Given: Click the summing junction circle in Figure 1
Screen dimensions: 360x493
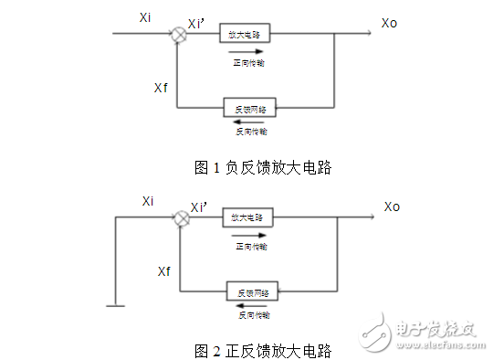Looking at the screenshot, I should (x=179, y=35).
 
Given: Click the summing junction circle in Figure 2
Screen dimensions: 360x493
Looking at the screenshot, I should (x=182, y=218).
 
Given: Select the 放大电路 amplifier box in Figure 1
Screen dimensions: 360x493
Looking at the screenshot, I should (x=245, y=35).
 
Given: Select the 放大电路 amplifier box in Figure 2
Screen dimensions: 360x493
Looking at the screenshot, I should (x=246, y=218).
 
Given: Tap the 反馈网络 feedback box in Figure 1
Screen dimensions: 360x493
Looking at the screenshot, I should (x=248, y=108).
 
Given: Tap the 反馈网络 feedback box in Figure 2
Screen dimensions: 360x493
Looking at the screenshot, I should (x=252, y=291).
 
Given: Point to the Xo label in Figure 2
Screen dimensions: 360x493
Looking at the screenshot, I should (x=392, y=206).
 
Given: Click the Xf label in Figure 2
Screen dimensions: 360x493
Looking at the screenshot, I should (x=163, y=271).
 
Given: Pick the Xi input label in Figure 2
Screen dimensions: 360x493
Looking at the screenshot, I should (x=148, y=200).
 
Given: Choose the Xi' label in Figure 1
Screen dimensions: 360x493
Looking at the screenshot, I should (x=195, y=23).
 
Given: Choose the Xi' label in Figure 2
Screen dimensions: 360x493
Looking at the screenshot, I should (x=199, y=207).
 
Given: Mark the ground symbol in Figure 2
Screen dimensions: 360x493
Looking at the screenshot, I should (x=114, y=306).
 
